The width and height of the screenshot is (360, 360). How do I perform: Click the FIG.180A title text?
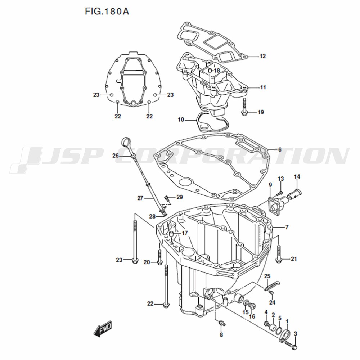coord(107,11)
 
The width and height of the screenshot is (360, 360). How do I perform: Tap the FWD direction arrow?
coord(103,329)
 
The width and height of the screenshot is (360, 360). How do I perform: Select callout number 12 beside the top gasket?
coord(262,56)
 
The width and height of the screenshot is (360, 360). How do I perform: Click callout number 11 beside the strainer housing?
coord(263,87)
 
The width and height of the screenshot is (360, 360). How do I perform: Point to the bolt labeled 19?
coord(244,106)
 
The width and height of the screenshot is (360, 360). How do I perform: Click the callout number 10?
coord(181,120)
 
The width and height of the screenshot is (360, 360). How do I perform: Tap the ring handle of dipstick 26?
coord(126,141)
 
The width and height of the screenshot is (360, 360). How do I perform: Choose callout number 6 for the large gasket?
coord(280,150)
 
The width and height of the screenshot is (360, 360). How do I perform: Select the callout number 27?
coord(140,198)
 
